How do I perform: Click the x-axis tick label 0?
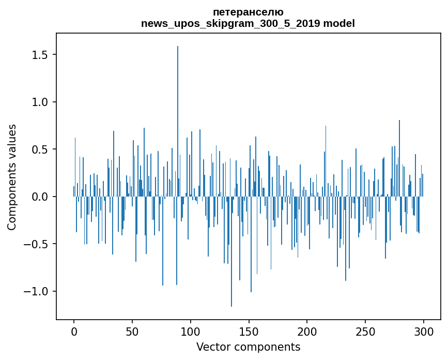pyautogui.click(x=74, y=331)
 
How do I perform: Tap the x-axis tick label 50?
pyautogui.click(x=132, y=331)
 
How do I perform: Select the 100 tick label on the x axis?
pyautogui.click(x=191, y=331)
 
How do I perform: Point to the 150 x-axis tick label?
pyautogui.click(x=249, y=331)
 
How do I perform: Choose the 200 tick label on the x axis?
pyautogui.click(x=307, y=331)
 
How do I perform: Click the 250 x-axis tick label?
pyautogui.click(x=365, y=331)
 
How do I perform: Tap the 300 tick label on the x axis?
pyautogui.click(x=424, y=331)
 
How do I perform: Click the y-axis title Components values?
pyautogui.click(x=12, y=177)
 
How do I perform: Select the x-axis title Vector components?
pyautogui.click(x=248, y=347)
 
